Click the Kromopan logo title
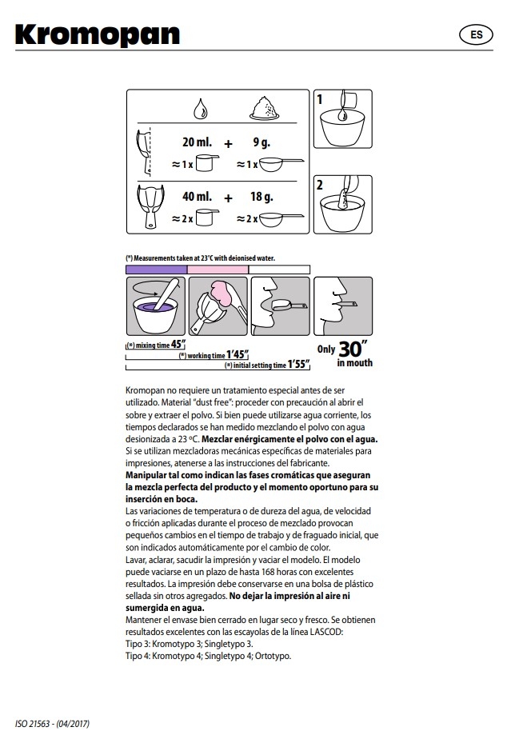[x=98, y=35]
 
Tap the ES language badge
[x=476, y=35]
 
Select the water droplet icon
[x=198, y=107]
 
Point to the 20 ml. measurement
[x=197, y=143]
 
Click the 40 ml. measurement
[x=197, y=196]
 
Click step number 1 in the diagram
[x=320, y=100]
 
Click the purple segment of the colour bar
[x=156, y=270]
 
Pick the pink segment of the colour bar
[x=218, y=270]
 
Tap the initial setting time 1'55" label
[x=267, y=365]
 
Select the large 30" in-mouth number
[x=352, y=349]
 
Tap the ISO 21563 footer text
[x=52, y=724]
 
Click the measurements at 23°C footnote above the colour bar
[x=199, y=259]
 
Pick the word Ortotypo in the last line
[x=273, y=656]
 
